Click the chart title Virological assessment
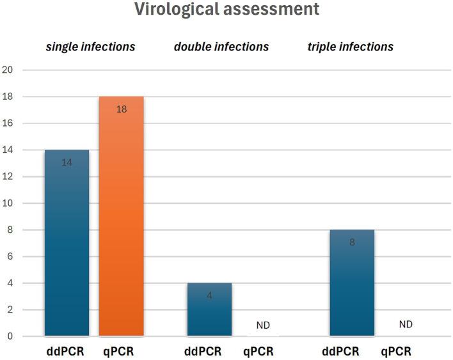[x=226, y=10]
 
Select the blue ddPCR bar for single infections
[x=67, y=243]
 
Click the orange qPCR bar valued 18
[x=121, y=217]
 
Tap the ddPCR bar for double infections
[x=209, y=310]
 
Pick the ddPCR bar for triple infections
[x=352, y=285]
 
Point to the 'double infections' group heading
[x=221, y=47]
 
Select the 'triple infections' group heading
[x=356, y=47]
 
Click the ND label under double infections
[x=263, y=325]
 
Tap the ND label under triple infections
[x=406, y=325]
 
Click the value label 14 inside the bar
[x=67, y=162]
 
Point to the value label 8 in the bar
[x=352, y=242]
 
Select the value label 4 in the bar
[x=209, y=295]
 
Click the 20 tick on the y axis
[x=8, y=70]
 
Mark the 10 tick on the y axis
[x=8, y=203]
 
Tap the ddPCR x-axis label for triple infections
[x=341, y=351]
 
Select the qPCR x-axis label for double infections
[x=258, y=351]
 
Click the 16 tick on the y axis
[x=8, y=123]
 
